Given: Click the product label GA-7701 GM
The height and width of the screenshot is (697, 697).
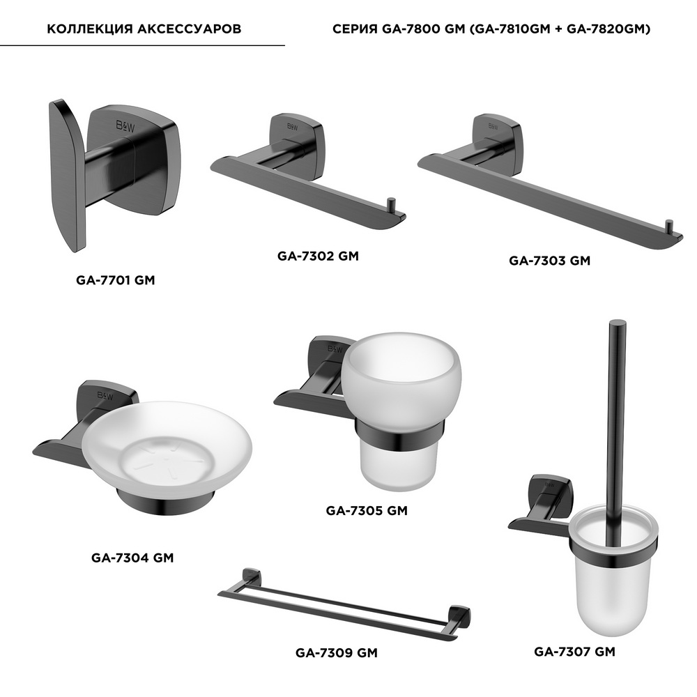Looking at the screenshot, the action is [x=115, y=280].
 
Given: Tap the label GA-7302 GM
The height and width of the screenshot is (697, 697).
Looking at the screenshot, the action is [x=318, y=256].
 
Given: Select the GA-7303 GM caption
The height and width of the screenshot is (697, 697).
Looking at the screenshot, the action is [x=549, y=261].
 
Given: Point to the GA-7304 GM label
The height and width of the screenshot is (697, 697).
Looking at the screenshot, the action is [x=132, y=558].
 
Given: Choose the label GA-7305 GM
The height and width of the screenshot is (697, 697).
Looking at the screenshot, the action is [x=367, y=511].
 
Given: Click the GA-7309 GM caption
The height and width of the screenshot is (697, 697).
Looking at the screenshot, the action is [x=337, y=653].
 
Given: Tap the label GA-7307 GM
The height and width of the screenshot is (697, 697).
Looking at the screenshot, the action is [x=575, y=652].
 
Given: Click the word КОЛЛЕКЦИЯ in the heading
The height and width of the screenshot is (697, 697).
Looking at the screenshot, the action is [x=90, y=29].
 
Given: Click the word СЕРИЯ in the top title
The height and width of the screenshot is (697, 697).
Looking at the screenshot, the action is [x=355, y=29].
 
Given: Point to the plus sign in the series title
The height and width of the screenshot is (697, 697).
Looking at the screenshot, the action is [x=558, y=29].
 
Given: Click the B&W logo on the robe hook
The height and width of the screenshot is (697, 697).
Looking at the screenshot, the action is [x=125, y=126].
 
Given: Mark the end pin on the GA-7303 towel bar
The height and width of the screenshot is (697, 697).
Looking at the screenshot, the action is [x=668, y=227].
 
